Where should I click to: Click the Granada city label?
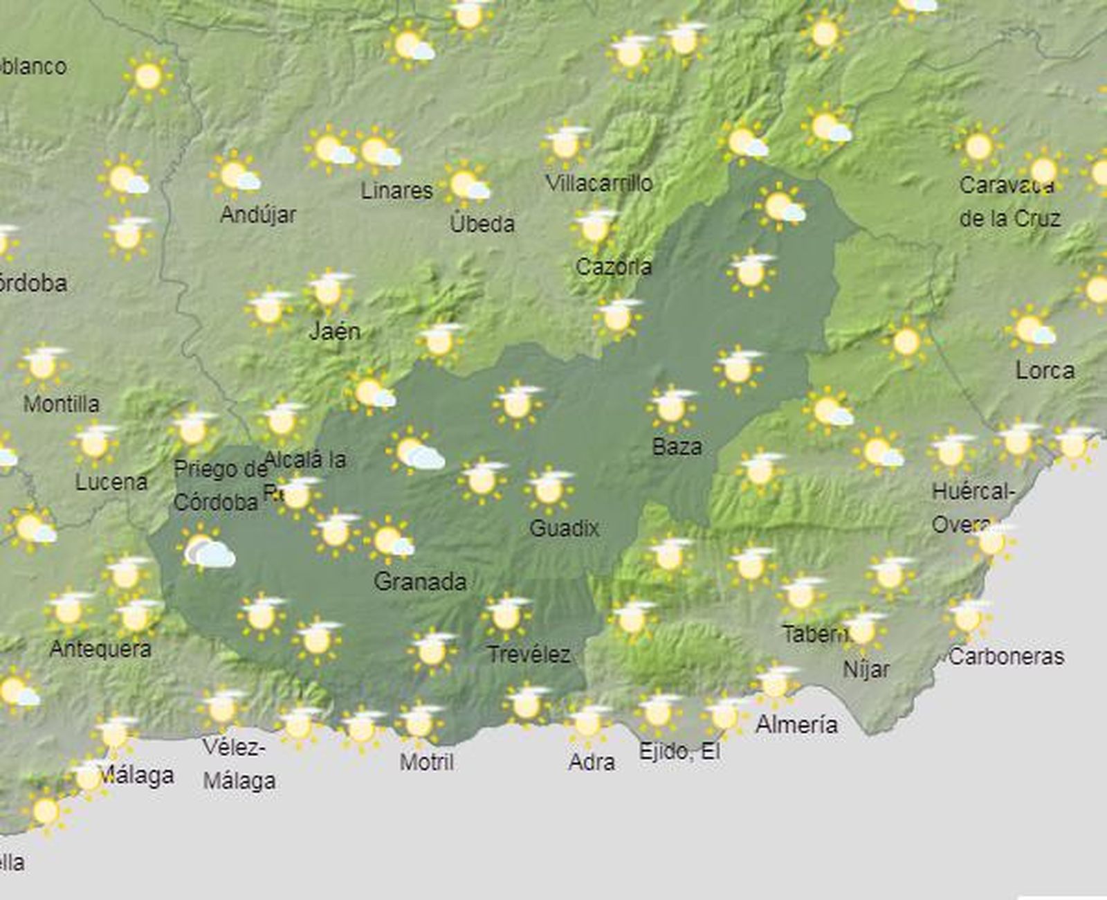pos(420,582)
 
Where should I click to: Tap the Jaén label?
pos(334,331)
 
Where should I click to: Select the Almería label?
pos(796,725)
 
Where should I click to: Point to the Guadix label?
pos(564,529)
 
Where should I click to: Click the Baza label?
pos(677,447)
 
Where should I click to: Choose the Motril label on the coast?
pos(427,762)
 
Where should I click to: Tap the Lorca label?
pos(1045,370)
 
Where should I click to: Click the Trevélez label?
pos(529,654)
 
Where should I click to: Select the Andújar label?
pos(258,215)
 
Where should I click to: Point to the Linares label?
pos(396,190)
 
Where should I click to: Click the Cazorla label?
pos(614,267)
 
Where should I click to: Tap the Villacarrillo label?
pos(599,183)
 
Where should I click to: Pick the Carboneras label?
pos(1006,656)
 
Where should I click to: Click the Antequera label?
pos(100,649)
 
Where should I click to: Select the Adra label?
pos(592,762)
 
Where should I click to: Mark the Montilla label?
pos(61,404)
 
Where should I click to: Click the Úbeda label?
pos(482,224)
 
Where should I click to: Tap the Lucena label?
pos(111,482)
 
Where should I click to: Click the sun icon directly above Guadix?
pos(549,489)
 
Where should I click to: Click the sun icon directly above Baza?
pos(671,407)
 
